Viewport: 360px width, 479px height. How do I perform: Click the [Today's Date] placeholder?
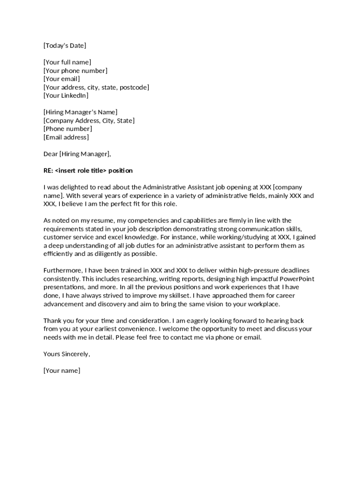click(x=65, y=45)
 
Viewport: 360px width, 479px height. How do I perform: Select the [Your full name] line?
click(x=67, y=62)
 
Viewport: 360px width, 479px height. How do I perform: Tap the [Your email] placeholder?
click(x=62, y=79)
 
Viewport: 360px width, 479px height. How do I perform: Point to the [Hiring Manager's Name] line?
click(x=80, y=112)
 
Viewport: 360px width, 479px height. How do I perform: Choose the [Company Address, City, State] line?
click(x=89, y=121)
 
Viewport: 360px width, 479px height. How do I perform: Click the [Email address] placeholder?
click(x=66, y=138)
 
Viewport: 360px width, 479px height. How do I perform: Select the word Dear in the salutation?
click(x=50, y=154)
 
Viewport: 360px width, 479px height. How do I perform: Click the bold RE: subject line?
click(x=88, y=171)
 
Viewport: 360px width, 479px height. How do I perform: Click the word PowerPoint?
click(x=297, y=279)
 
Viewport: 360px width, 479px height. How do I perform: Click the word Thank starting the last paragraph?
click(x=52, y=321)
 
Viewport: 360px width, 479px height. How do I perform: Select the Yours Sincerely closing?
click(x=66, y=354)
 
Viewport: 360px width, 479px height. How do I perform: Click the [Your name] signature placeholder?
click(x=62, y=371)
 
